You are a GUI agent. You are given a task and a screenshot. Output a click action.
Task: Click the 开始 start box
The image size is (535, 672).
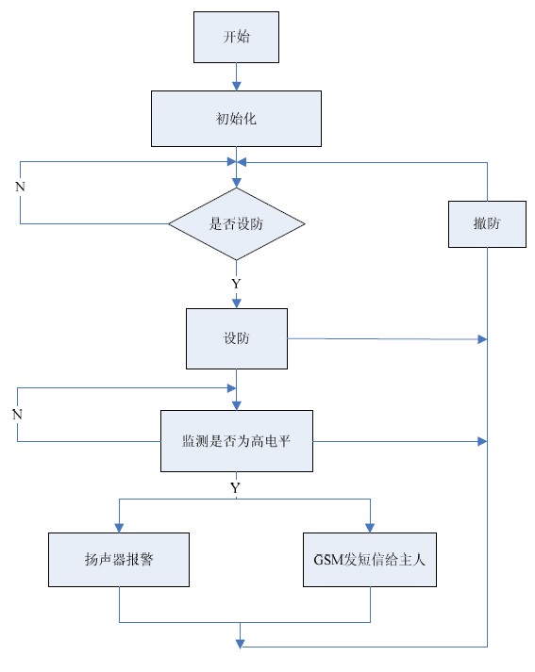[236, 37]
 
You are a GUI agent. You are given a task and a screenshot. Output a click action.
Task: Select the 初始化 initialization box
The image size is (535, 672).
[236, 119]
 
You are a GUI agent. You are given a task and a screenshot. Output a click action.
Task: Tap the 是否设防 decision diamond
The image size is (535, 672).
[237, 223]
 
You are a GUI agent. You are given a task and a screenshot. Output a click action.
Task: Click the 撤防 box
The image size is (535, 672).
[487, 224]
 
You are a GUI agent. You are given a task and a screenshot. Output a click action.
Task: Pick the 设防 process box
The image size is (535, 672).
[237, 338]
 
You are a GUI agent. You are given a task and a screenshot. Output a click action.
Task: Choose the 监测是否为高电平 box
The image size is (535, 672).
[237, 441]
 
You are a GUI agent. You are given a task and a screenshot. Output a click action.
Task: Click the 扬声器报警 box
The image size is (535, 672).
[119, 560]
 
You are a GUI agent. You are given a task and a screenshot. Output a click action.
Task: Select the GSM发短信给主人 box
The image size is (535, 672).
[370, 560]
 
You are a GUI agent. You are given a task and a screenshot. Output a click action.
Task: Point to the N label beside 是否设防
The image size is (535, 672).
[20, 187]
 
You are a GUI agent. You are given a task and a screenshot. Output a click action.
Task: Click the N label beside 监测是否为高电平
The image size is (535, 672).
[17, 415]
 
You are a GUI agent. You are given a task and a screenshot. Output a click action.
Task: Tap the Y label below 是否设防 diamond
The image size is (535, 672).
[236, 284]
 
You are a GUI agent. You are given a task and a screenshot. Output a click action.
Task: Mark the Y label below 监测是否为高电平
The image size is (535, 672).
[235, 487]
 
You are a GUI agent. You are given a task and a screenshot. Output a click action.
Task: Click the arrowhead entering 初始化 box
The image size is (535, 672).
[237, 86]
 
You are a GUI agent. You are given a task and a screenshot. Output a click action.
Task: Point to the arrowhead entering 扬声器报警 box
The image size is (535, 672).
[119, 528]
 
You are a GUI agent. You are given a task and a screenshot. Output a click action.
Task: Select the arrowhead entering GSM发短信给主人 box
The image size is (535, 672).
[370, 528]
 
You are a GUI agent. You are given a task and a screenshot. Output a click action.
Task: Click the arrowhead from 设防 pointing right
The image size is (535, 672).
[482, 339]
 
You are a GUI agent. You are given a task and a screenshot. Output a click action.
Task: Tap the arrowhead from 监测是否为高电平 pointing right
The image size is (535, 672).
[482, 441]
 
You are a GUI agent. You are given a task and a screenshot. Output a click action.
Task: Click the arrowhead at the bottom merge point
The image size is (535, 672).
[241, 644]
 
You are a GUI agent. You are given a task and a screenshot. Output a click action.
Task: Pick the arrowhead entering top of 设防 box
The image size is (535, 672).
[237, 303]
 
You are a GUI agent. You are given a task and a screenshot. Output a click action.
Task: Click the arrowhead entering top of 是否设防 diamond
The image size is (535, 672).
[237, 183]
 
